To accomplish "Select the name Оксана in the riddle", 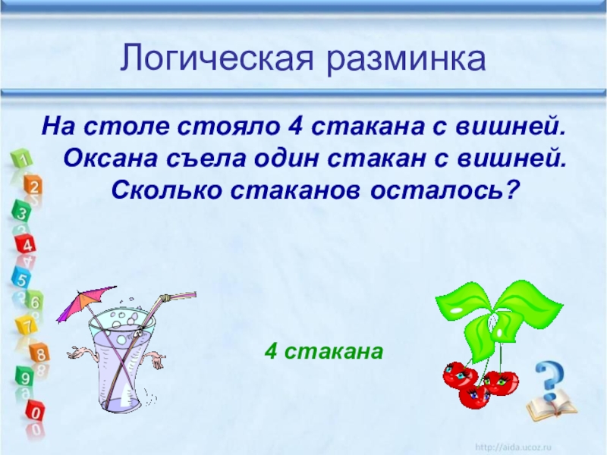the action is [x=110, y=158].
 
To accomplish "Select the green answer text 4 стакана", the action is [x=324, y=352].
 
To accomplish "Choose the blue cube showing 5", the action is [x=21, y=278].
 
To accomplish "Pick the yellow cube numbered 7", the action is [x=27, y=326].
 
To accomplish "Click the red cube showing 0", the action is [x=35, y=413].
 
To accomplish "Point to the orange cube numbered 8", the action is [x=40, y=353].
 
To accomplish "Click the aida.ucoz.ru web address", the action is [x=513, y=447].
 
